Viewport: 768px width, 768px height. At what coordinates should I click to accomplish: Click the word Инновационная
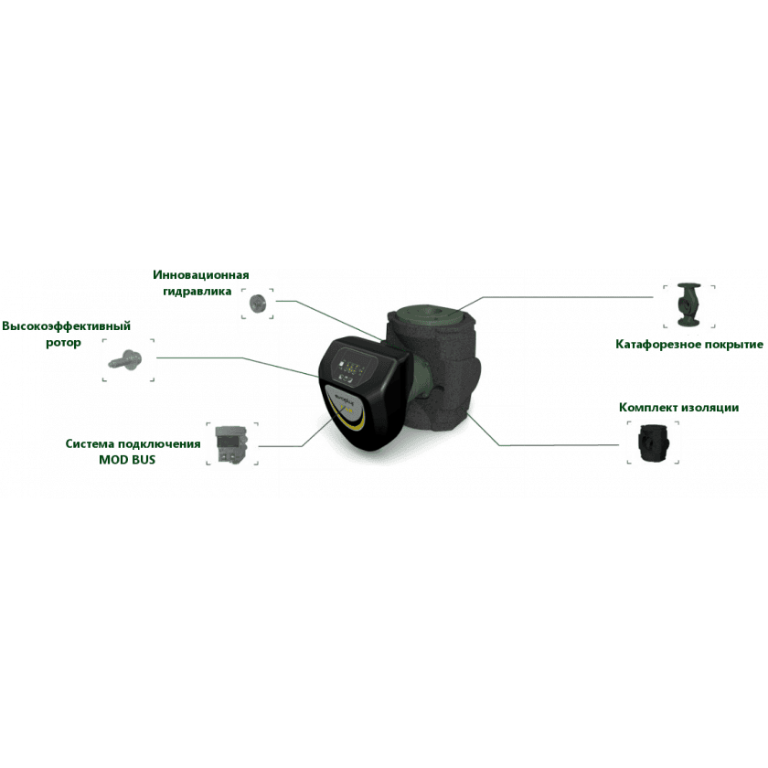[201, 275]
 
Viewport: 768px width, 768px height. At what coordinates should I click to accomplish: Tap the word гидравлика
[197, 292]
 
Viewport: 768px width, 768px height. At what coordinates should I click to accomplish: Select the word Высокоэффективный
[66, 326]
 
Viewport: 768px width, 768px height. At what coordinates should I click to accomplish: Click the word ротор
[63, 343]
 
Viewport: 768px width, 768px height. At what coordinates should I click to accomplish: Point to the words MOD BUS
[127, 460]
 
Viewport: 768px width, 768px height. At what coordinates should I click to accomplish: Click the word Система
[89, 443]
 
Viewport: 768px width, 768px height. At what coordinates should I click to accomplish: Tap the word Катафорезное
[657, 345]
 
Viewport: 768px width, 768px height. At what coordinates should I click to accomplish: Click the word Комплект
[647, 408]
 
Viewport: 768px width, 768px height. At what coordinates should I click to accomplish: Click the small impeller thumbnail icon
[257, 304]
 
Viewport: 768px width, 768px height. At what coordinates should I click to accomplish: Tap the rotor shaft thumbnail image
[125, 360]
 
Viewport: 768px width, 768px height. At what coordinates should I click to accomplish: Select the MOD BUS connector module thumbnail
[231, 443]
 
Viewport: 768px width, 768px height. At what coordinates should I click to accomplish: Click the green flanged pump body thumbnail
[688, 304]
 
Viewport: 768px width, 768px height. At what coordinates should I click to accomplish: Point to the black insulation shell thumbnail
[653, 443]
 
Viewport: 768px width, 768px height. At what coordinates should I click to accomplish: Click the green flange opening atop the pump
[429, 314]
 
